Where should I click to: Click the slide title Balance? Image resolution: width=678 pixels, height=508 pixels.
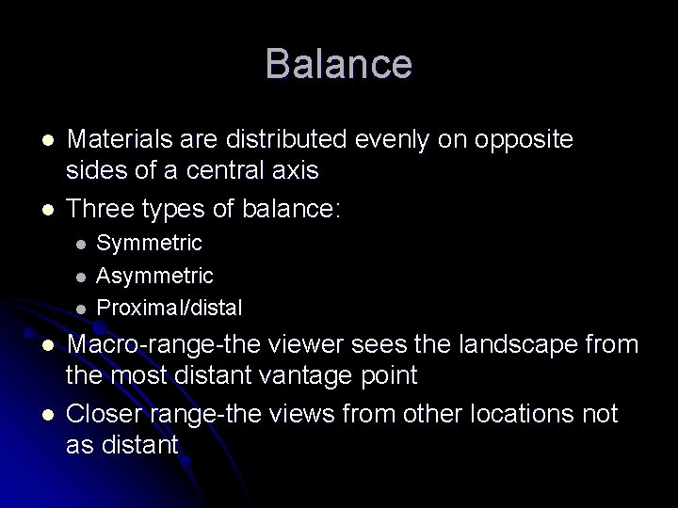click(x=338, y=64)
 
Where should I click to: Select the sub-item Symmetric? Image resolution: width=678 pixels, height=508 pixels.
click(x=149, y=244)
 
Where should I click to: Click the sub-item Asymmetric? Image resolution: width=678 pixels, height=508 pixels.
click(x=154, y=276)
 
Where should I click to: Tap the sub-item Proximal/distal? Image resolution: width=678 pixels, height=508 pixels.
click(x=169, y=307)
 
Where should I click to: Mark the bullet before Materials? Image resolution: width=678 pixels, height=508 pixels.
click(x=46, y=141)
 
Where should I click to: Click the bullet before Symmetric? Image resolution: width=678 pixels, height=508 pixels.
click(x=81, y=245)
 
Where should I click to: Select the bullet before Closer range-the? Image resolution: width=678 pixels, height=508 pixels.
click(x=46, y=413)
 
